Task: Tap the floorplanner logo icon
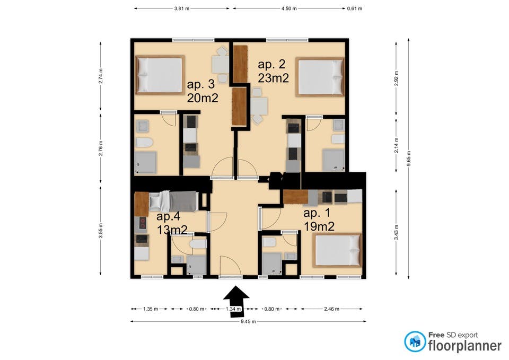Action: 415,342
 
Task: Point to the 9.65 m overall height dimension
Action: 409,157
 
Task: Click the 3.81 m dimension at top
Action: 182,9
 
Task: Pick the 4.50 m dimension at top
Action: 289,9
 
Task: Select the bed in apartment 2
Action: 320,77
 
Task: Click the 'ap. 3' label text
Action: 200,84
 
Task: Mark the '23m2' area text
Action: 273,77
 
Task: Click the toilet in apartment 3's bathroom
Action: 144,143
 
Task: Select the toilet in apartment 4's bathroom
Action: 198,244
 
